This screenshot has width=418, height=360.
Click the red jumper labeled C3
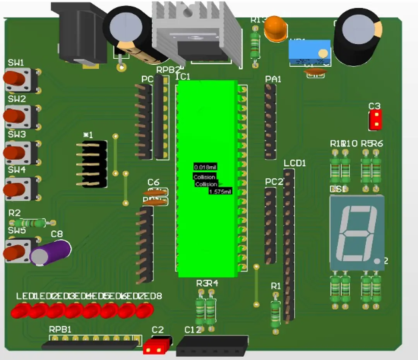[375, 120]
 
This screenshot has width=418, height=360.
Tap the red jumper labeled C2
[158, 346]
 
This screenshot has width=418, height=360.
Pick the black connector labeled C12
[212, 346]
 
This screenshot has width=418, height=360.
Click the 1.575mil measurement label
[220, 192]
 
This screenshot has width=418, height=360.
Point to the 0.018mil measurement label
[205, 167]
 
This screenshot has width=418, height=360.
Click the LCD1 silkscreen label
[295, 163]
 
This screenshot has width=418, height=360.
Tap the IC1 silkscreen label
[183, 77]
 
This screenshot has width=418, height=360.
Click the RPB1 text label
[60, 329]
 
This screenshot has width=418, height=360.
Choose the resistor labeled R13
[254, 44]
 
